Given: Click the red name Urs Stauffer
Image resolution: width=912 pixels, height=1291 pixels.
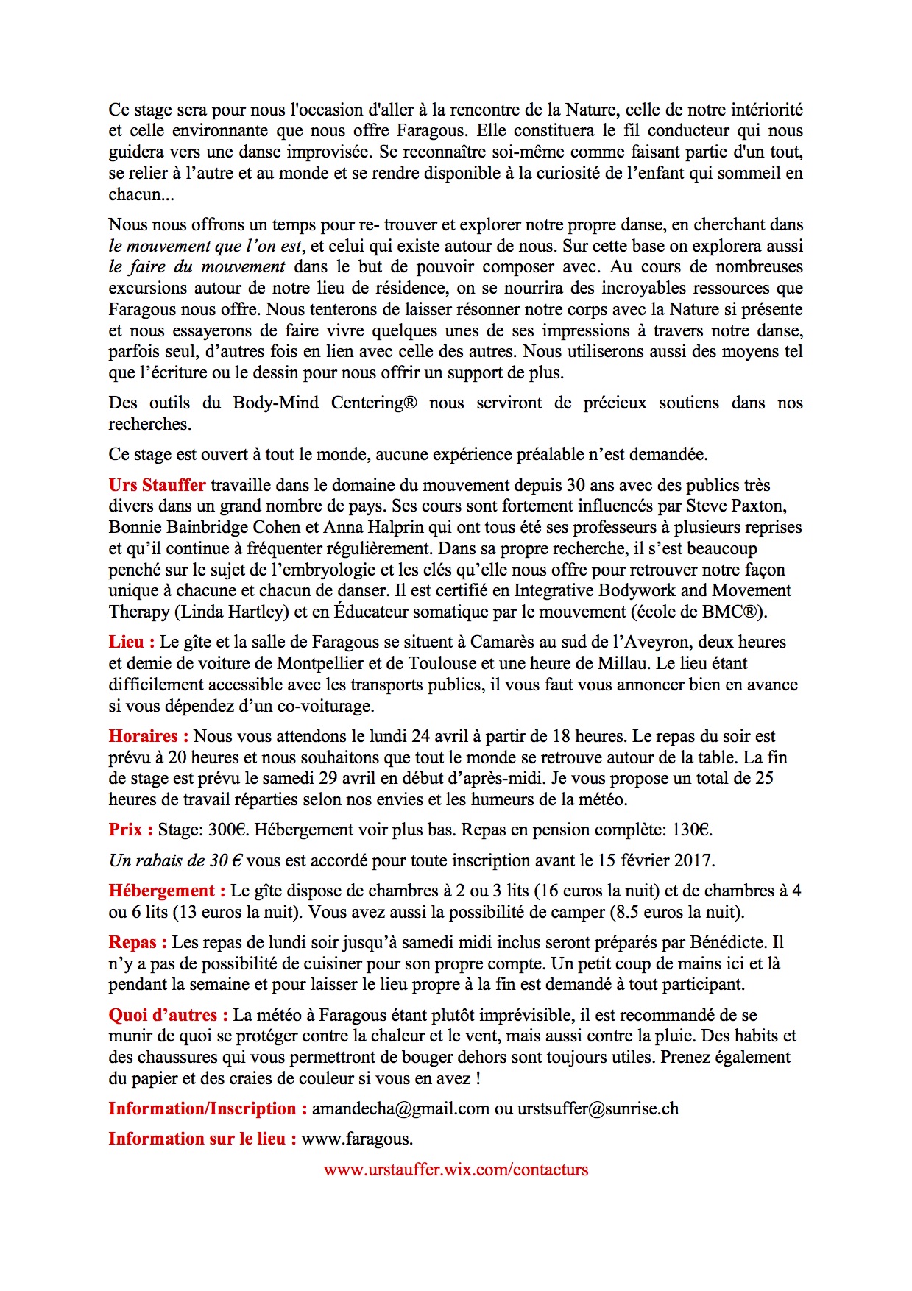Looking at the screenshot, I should pyautogui.click(x=157, y=485).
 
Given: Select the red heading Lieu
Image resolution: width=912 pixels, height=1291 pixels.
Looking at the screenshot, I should pyautogui.click(x=131, y=642).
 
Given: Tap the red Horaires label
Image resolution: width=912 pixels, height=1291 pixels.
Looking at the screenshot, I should pyautogui.click(x=148, y=736).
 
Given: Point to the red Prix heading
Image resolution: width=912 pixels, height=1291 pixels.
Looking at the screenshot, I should pyautogui.click(x=130, y=830).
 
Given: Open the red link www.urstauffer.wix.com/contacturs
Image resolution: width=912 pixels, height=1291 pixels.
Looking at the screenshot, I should pyautogui.click(x=456, y=1170).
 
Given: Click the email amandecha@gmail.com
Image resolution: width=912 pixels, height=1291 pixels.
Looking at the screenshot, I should pyautogui.click(x=400, y=1108).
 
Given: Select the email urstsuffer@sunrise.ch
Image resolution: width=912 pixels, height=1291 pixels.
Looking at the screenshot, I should pyautogui.click(x=598, y=1108).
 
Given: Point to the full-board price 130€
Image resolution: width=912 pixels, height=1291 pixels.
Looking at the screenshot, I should pyautogui.click(x=691, y=830).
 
